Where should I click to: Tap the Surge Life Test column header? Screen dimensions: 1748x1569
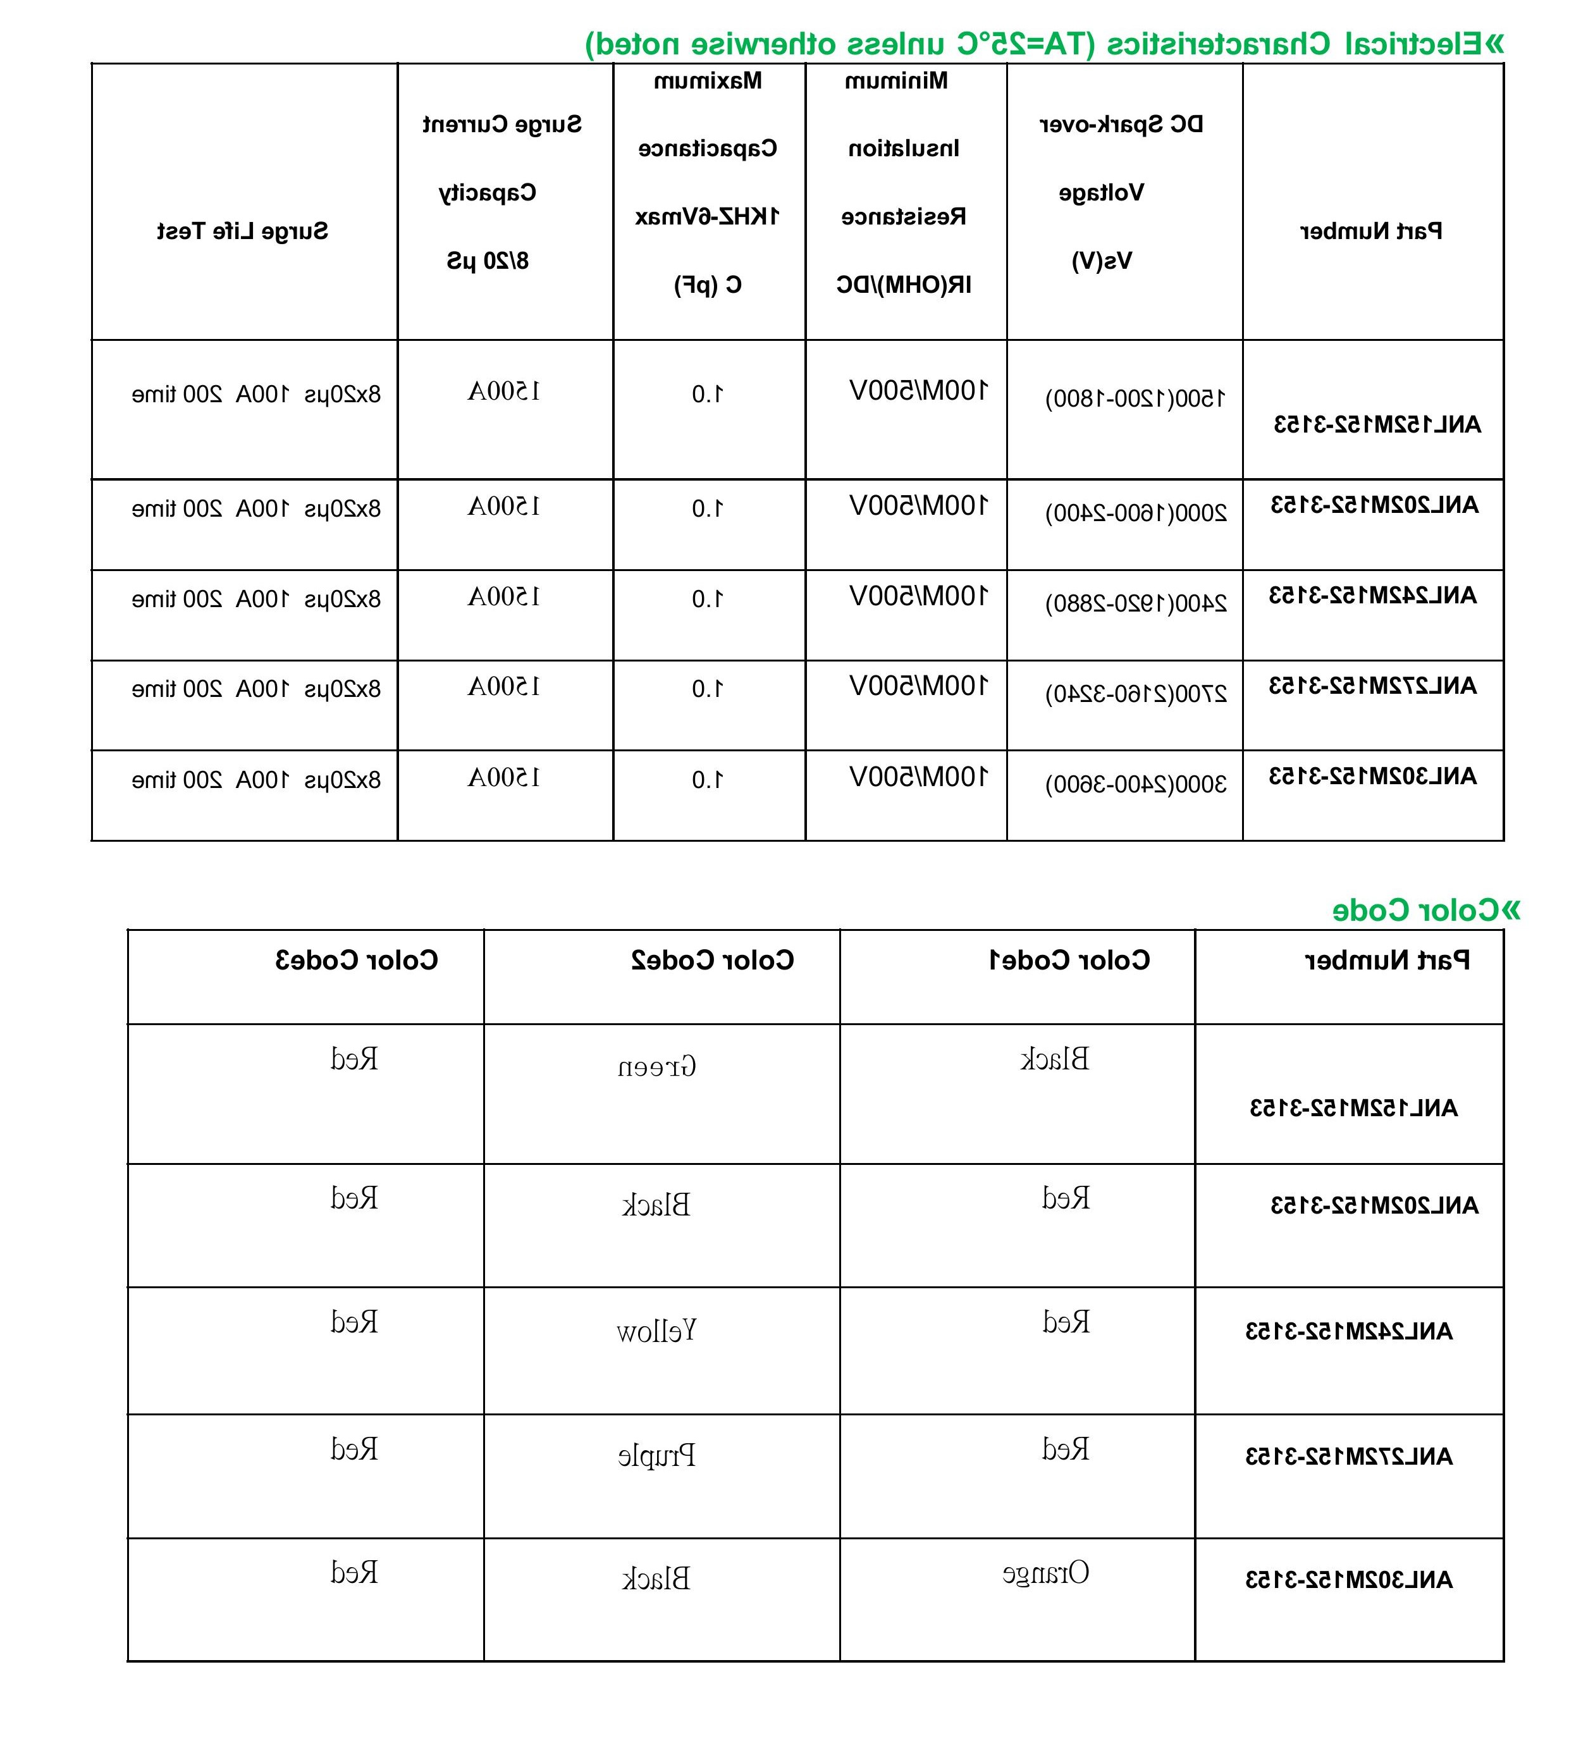click(x=242, y=231)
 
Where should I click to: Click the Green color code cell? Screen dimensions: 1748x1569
click(x=657, y=1067)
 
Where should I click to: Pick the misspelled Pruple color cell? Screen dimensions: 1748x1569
click(x=657, y=1456)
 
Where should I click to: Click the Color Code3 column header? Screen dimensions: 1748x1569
click(x=356, y=960)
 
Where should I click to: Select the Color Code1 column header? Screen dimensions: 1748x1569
click(x=1069, y=960)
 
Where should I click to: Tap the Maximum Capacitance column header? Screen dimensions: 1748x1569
click(x=708, y=182)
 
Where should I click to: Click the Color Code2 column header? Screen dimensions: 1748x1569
click(x=712, y=960)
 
